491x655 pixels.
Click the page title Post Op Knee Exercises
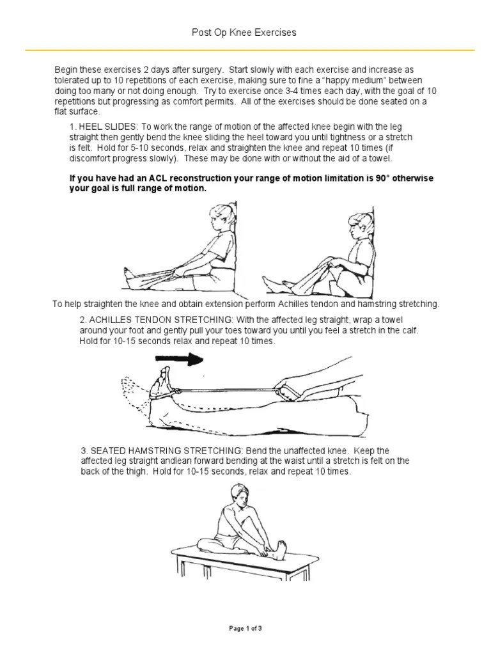pyautogui.click(x=245, y=32)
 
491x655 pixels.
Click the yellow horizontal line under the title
pyautogui.click(x=245, y=49)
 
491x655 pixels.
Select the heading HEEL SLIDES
pyautogui.click(x=106, y=127)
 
